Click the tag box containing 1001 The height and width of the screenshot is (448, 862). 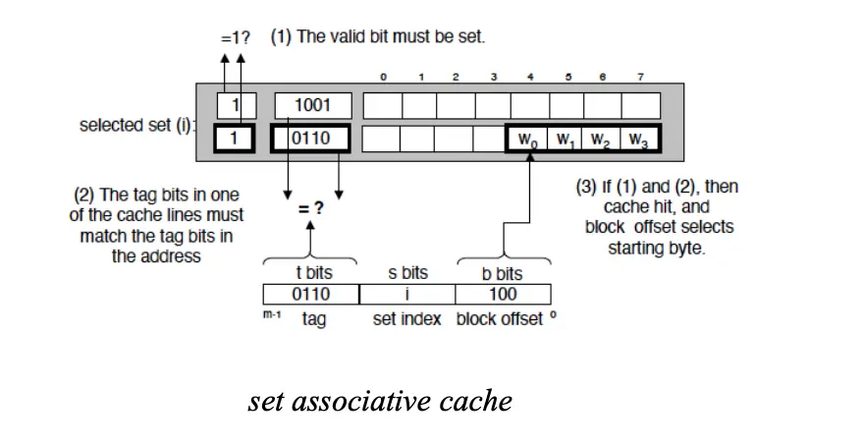[x=312, y=105]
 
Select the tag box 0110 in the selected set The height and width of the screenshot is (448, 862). [x=312, y=139]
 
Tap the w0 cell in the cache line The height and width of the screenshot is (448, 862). [x=528, y=140]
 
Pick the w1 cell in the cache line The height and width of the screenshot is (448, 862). [x=566, y=140]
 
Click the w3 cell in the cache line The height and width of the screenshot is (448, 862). [x=639, y=140]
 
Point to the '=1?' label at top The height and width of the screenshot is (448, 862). [x=235, y=38]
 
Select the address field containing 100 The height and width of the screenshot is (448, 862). [x=503, y=294]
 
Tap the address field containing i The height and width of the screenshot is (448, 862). [x=406, y=294]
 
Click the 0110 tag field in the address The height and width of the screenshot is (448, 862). [x=311, y=294]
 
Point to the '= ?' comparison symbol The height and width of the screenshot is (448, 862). [x=311, y=209]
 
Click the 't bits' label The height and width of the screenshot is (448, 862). [x=312, y=273]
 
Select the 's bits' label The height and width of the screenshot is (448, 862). [x=407, y=273]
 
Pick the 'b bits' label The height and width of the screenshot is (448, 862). [x=503, y=273]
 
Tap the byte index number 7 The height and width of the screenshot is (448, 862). [x=640, y=76]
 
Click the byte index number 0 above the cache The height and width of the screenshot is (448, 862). [x=383, y=76]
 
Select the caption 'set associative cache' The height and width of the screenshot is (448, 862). [x=380, y=401]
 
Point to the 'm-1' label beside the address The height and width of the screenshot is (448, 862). [x=272, y=314]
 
